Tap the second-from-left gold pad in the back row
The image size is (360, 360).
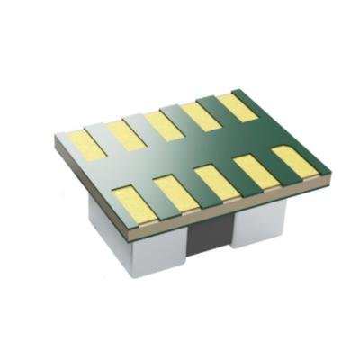click(x=125, y=134)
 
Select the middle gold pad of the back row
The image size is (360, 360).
click(x=164, y=124)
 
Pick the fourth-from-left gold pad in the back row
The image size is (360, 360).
click(x=201, y=115)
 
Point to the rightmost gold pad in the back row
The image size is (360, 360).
click(x=237, y=107)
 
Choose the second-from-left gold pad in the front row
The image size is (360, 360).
click(x=175, y=192)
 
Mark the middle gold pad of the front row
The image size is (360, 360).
click(x=217, y=182)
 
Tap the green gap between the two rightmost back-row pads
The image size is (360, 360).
click(x=219, y=111)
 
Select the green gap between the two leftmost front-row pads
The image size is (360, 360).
click(x=156, y=197)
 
